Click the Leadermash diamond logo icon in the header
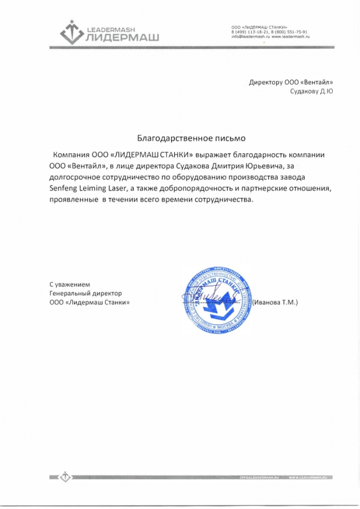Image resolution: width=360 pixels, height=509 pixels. [x=70, y=31]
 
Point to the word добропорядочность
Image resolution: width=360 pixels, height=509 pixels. [x=200, y=188]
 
